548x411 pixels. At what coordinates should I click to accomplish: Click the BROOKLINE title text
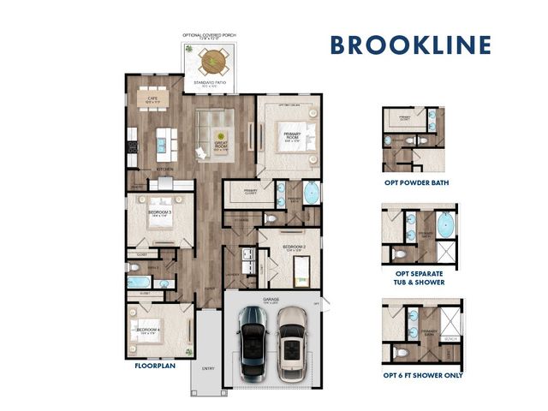click(x=410, y=45)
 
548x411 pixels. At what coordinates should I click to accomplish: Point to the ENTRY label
click(x=206, y=370)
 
